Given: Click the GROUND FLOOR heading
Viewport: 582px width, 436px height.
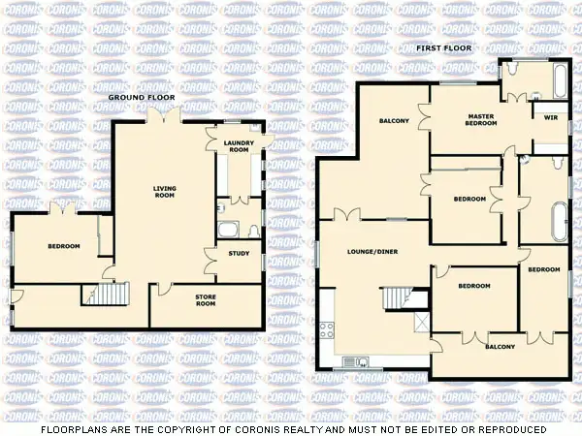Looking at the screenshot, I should pos(141,98).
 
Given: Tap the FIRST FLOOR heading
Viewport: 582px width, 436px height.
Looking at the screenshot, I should pos(443,47).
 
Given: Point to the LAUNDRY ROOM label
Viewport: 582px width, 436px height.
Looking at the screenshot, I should pos(238,147).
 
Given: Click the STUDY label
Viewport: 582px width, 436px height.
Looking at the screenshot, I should pos(239,254).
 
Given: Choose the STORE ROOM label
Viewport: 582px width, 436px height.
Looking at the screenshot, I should pos(206,301).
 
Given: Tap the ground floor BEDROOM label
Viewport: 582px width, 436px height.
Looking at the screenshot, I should pos(64,246).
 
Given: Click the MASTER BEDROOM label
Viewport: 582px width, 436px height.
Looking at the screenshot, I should pos(482,119).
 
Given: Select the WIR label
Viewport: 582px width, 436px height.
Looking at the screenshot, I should pos(550,117).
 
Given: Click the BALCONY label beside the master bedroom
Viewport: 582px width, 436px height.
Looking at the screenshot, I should pos(393,121).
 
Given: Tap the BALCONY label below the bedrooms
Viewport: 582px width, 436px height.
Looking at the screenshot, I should pos(500,346).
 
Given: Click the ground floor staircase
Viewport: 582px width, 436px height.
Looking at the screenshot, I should pos(113,294).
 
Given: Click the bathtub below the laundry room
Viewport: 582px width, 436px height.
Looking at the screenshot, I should pos(228,230).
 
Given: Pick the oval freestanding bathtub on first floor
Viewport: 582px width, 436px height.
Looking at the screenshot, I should pos(560,222).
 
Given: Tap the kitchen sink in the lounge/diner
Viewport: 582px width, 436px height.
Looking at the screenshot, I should pos(357,361).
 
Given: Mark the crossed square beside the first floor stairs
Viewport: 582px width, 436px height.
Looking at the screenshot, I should pos(421,323).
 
